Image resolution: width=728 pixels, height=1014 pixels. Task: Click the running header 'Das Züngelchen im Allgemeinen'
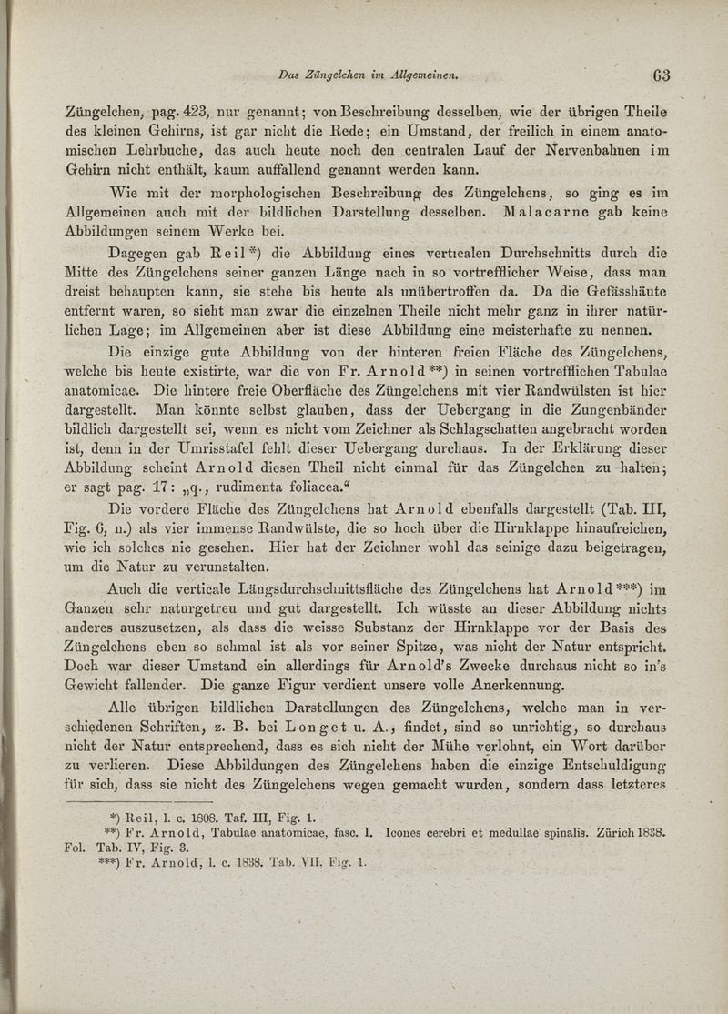click(368, 75)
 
